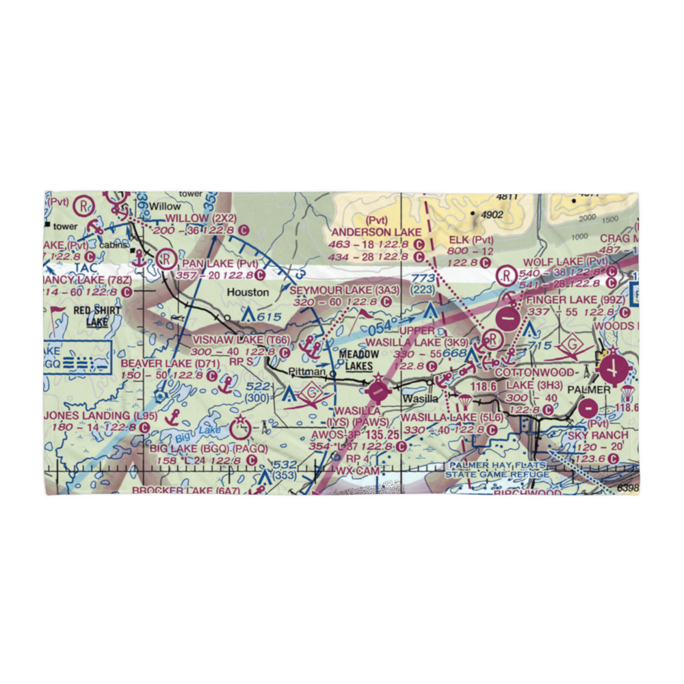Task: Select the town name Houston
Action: click(x=248, y=292)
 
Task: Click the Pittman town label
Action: click(x=305, y=372)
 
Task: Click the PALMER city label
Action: click(x=592, y=389)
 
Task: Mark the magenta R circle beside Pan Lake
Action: click(x=165, y=259)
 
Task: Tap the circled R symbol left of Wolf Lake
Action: click(x=506, y=275)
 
